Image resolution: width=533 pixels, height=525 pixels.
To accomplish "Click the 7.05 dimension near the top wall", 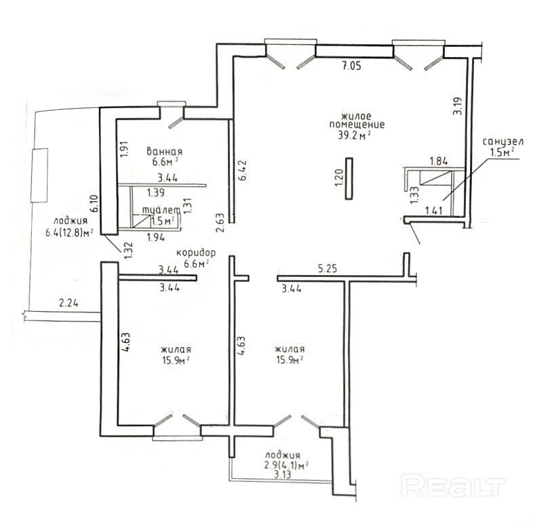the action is [351, 66].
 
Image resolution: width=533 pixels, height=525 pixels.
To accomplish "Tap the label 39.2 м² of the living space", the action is [354, 136].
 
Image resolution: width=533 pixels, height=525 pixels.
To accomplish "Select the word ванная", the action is [165, 151].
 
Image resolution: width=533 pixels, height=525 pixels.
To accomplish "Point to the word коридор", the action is [196, 253].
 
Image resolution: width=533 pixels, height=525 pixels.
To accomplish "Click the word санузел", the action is [502, 142].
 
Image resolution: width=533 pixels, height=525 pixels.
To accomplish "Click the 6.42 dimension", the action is [242, 170].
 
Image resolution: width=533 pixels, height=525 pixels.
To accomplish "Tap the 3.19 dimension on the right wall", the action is [458, 106].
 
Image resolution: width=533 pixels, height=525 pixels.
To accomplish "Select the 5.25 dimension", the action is [328, 269].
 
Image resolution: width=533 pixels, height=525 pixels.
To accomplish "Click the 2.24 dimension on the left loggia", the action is [68, 302].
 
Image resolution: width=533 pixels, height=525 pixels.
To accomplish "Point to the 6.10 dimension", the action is [94, 203].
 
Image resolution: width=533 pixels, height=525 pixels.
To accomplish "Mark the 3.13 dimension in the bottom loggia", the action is [283, 474].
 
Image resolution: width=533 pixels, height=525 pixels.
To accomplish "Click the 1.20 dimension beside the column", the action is [339, 178].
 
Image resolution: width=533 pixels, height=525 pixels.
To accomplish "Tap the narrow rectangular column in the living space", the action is [349, 179].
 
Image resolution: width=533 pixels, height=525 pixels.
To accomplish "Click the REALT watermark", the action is [453, 486].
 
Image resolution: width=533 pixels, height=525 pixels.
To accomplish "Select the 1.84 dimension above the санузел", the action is [439, 161].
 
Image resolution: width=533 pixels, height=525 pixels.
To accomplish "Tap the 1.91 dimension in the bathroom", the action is [124, 149].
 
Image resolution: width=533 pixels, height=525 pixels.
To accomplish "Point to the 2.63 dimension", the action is [220, 223].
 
